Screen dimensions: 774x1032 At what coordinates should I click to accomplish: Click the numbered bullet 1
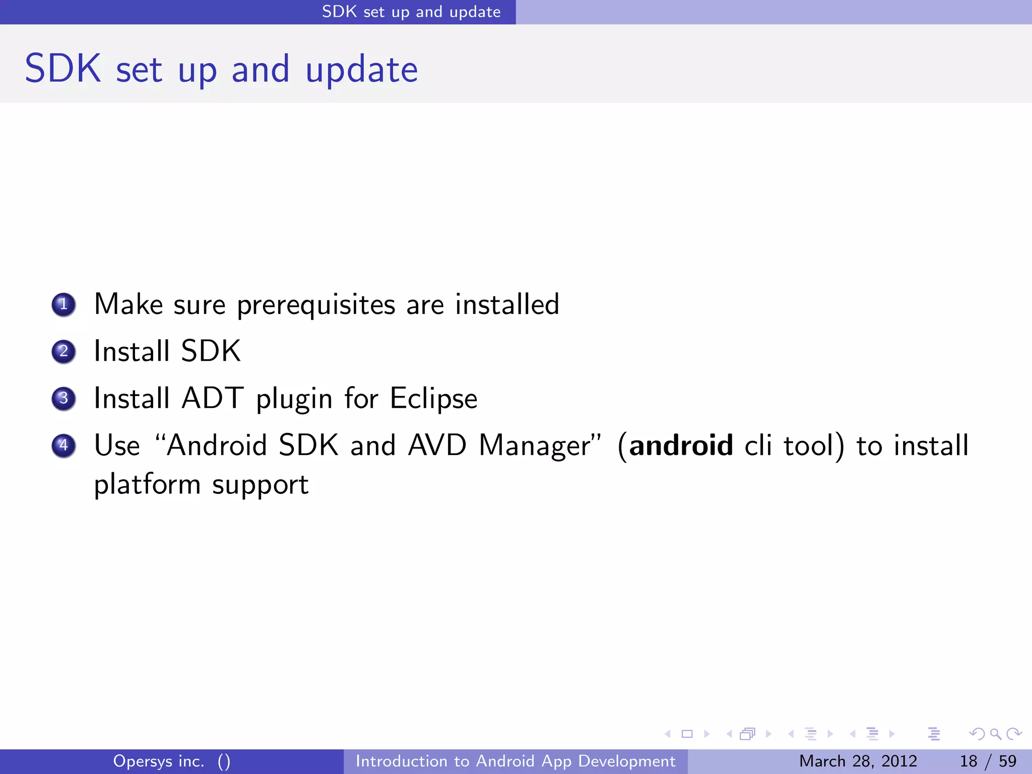63,305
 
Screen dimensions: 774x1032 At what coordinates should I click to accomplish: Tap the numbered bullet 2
63,351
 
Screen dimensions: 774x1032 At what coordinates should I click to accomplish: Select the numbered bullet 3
63,399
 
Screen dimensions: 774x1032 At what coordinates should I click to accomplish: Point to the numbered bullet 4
63,445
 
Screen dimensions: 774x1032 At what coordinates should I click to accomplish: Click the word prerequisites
316,305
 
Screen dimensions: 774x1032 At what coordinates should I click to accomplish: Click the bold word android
681,445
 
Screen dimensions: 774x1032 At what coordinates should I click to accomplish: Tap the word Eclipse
433,399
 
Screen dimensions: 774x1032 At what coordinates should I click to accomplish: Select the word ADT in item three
213,398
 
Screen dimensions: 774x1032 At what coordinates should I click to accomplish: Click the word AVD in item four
437,445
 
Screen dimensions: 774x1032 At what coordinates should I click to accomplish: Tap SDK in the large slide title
63,69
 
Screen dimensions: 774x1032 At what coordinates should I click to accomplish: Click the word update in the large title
361,70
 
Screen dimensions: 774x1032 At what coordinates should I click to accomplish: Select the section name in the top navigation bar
411,12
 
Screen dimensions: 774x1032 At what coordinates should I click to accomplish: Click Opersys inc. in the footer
159,761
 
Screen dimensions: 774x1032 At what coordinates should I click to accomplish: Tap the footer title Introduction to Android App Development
515,761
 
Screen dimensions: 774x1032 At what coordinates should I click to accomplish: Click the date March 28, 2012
858,761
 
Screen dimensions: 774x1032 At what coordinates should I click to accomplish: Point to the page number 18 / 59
988,761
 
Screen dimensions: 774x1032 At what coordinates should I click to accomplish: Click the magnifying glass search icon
995,734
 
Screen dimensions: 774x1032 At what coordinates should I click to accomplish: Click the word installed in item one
507,304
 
